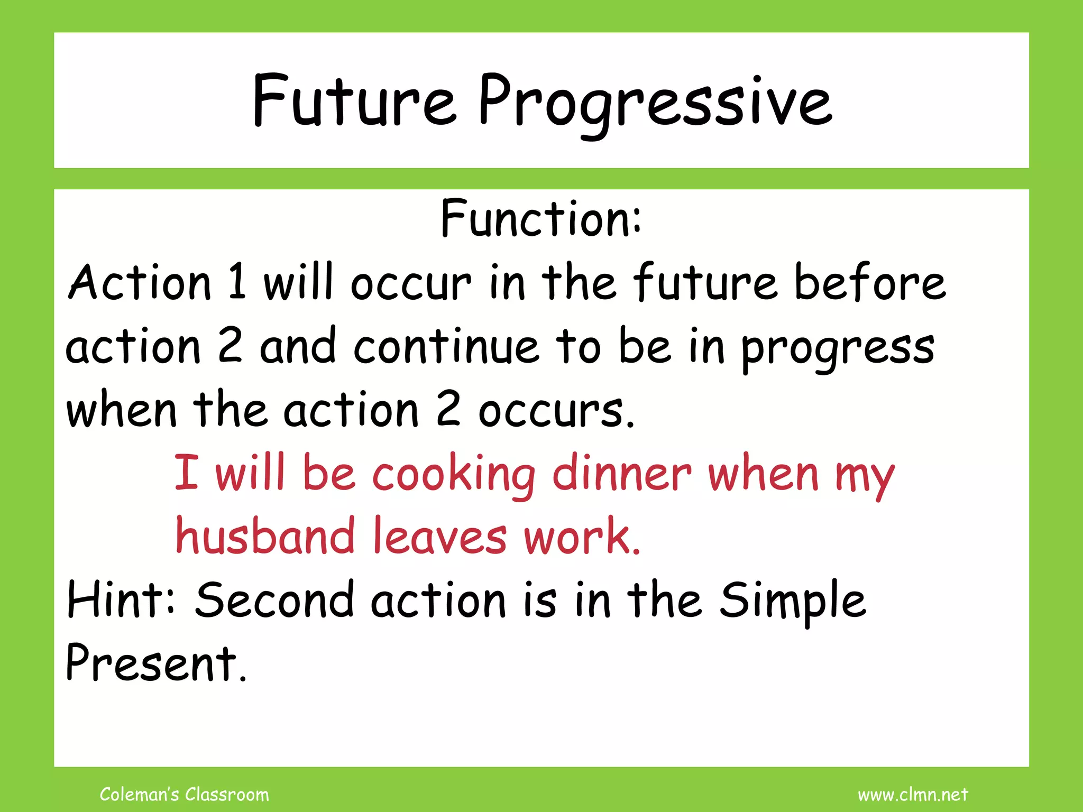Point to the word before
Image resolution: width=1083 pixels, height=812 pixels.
(x=870, y=282)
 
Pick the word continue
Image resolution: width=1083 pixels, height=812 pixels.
(x=447, y=346)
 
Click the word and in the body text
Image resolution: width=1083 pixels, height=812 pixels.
(x=298, y=346)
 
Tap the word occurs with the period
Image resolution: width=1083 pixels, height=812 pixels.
(x=556, y=411)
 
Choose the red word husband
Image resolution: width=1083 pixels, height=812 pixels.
(x=265, y=536)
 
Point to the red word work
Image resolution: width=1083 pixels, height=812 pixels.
(x=582, y=536)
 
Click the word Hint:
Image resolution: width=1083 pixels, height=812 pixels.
(x=121, y=599)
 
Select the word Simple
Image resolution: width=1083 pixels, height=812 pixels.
(x=793, y=602)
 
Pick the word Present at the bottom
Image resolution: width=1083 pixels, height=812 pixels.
(x=156, y=663)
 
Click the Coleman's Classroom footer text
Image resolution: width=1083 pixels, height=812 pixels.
(x=184, y=794)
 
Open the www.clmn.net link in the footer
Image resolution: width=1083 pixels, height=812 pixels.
(x=913, y=794)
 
